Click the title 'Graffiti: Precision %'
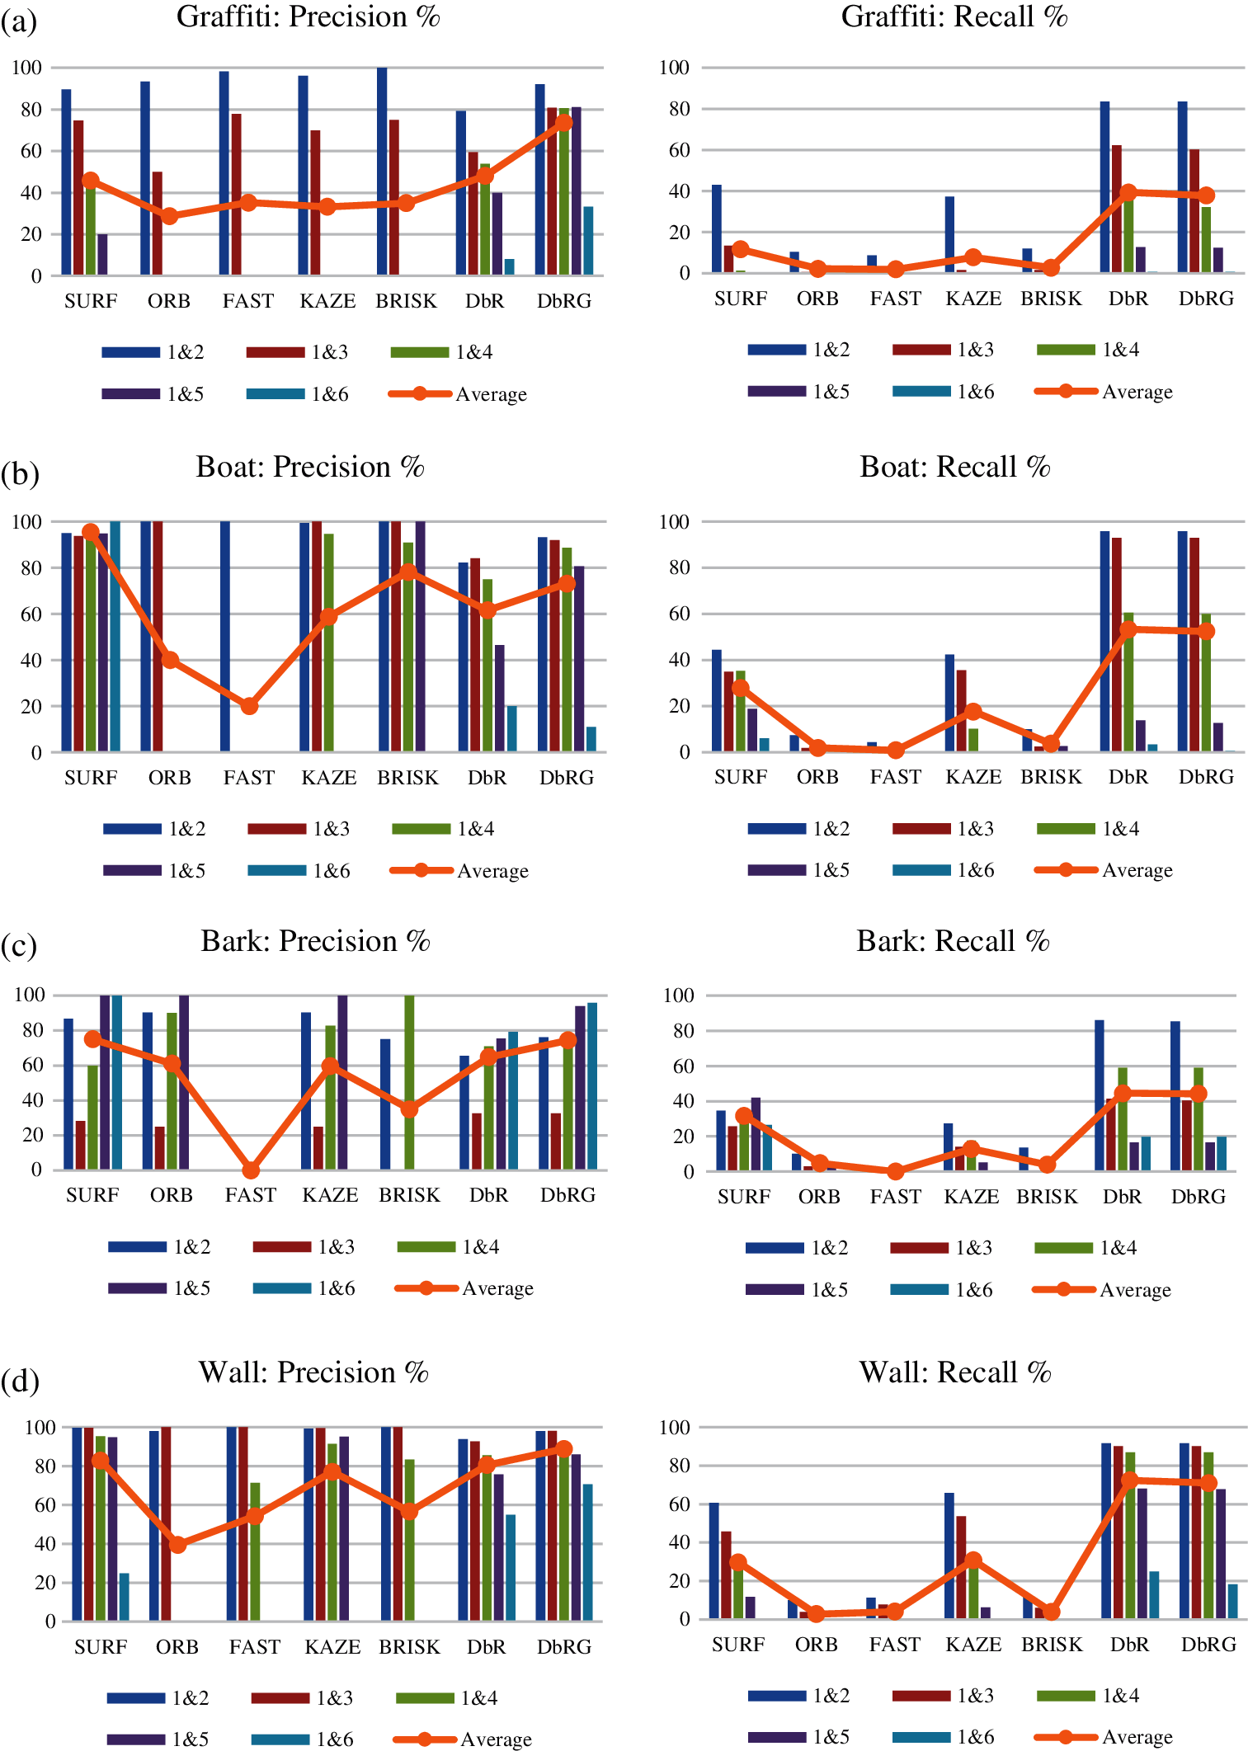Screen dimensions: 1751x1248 (x=308, y=16)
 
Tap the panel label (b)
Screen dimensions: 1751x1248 (x=20, y=473)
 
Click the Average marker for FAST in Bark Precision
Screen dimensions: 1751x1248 (x=251, y=1170)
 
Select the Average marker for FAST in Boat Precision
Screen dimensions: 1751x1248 (x=249, y=706)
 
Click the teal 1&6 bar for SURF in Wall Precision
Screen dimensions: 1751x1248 (x=124, y=1597)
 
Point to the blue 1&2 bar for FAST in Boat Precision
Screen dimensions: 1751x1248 (x=225, y=636)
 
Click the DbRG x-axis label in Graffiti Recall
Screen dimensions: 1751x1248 (x=1206, y=299)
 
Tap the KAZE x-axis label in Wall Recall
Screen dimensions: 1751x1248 (x=973, y=1644)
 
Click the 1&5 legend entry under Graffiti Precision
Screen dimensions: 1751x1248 (x=153, y=394)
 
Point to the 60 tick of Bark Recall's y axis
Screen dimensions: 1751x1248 (x=678, y=1066)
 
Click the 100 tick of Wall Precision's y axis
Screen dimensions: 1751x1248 (x=40, y=1427)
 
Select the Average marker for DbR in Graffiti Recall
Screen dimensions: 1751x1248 (x=1128, y=192)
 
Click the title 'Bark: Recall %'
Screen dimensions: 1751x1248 (x=953, y=941)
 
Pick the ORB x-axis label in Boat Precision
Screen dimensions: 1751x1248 (x=170, y=778)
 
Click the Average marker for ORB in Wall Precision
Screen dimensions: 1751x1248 (x=177, y=1545)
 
